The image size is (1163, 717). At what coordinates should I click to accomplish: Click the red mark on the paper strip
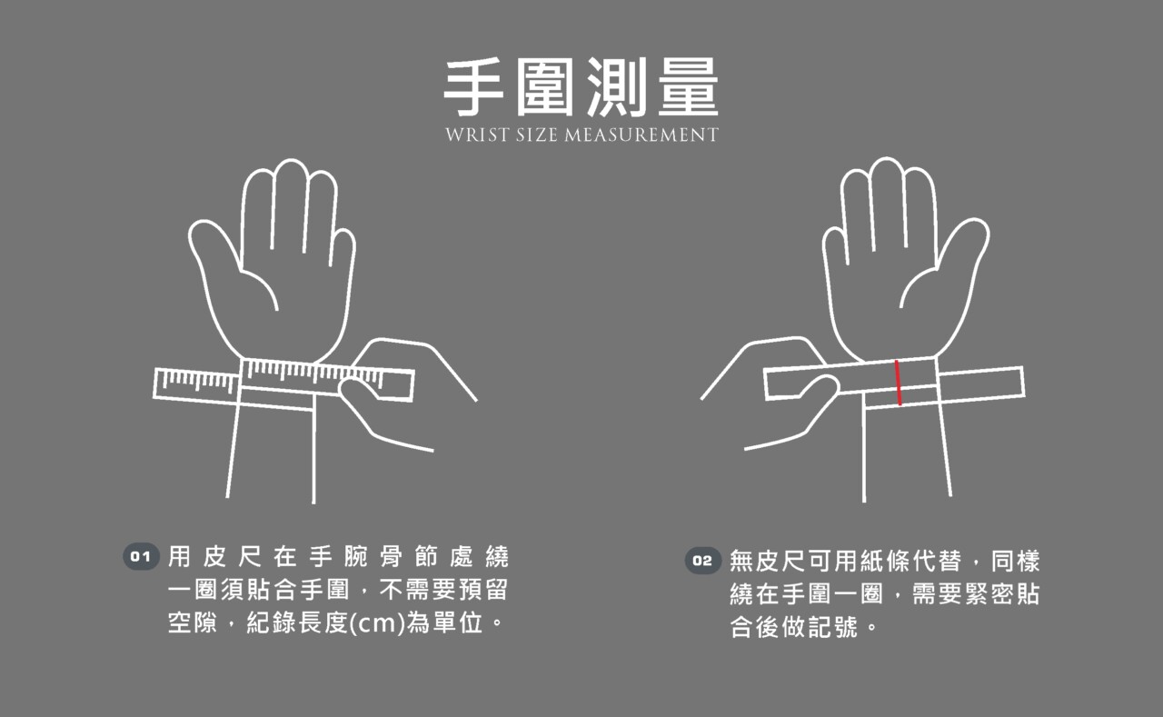[x=898, y=383]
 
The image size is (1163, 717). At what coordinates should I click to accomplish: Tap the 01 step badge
[x=141, y=556]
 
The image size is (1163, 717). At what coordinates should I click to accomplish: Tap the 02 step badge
[x=702, y=561]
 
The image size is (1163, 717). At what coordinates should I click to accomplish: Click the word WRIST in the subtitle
[x=477, y=135]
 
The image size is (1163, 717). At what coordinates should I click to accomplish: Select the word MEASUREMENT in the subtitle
[x=641, y=135]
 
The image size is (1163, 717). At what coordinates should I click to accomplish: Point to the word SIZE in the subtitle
[x=536, y=135]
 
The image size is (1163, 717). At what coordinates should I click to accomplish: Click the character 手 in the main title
[x=473, y=86]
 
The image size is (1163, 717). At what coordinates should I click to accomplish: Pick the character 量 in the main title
[x=689, y=86]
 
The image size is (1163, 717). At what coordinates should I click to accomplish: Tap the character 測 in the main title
[x=617, y=86]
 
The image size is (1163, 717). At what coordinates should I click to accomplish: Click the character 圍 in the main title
[x=544, y=86]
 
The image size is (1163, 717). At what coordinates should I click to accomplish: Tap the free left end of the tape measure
[x=155, y=383]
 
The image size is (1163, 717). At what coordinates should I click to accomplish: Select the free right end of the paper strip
[x=1023, y=381]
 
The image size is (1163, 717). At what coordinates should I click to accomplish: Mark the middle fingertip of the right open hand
[x=886, y=161]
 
